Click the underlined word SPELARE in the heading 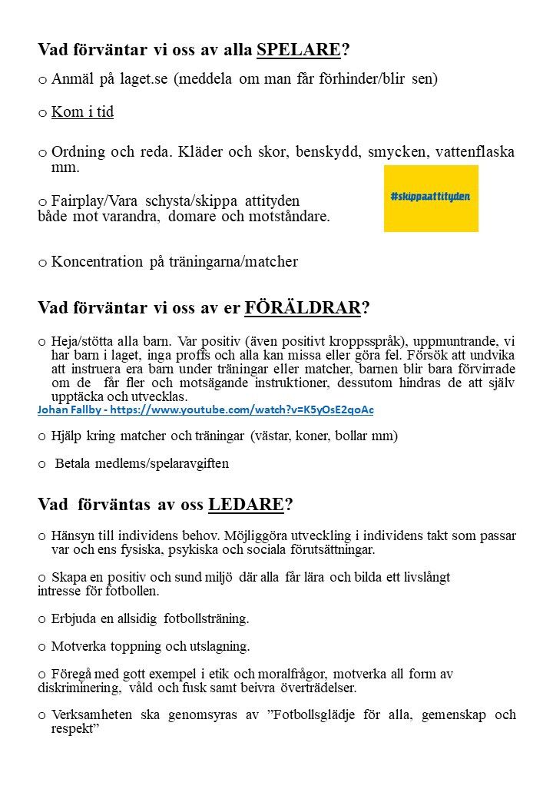(298, 51)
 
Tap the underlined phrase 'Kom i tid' (82, 112)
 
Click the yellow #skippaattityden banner (431, 197)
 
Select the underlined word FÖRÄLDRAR (302, 308)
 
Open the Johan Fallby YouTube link (206, 409)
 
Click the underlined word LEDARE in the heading (246, 505)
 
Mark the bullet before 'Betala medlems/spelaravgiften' (42, 464)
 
